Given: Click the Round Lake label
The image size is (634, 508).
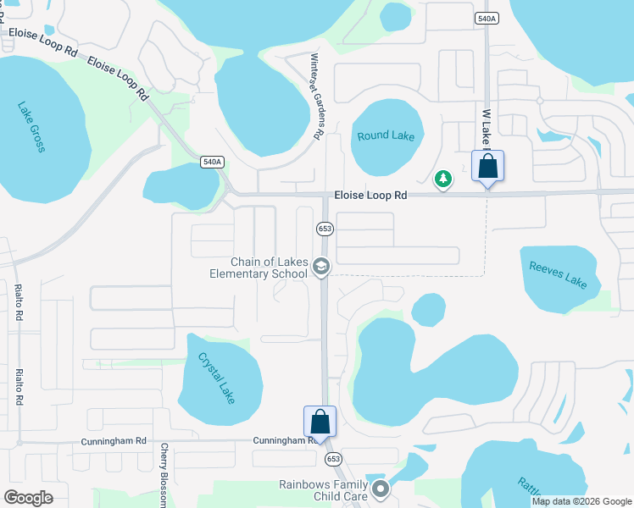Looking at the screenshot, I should click(x=386, y=135).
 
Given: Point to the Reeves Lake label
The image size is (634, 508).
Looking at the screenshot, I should click(x=558, y=274).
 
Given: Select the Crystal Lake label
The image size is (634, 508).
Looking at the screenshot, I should click(x=216, y=377).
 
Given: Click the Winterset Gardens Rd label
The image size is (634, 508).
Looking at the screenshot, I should click(x=317, y=96).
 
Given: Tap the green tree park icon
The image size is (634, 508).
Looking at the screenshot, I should click(x=442, y=179).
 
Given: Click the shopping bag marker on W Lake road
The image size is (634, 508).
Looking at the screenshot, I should click(x=487, y=165).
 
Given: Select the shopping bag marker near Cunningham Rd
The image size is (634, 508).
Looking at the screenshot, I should click(x=320, y=421).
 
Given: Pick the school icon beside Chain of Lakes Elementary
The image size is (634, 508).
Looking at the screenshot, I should click(x=321, y=268).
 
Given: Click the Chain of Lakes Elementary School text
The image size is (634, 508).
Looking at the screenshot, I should click(x=259, y=268).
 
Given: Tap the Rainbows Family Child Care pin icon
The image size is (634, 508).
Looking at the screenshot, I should click(x=381, y=489).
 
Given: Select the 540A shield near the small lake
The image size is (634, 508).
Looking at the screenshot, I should click(x=213, y=162).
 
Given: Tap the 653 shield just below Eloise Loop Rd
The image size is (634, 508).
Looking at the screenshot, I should click(x=325, y=229).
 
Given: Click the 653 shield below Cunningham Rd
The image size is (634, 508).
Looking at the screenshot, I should click(x=333, y=458).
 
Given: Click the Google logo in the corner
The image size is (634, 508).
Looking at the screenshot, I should click(x=28, y=498).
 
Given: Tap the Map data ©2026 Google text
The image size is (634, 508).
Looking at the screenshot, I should click(x=581, y=501).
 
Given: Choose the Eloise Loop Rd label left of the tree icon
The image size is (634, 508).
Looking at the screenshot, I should click(x=370, y=195).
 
